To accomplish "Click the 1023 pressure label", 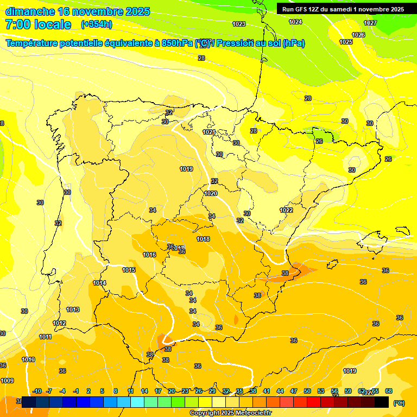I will [239, 24].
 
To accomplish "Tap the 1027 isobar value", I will [370, 23].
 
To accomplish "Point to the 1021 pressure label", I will [209, 132].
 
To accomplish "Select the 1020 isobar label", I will [211, 194].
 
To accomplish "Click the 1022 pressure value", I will [287, 210].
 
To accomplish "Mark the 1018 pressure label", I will [203, 239].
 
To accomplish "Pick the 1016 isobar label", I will [149, 255].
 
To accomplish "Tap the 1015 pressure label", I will [129, 270].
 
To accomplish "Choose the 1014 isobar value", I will [99, 283].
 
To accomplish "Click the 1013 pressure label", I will [73, 309].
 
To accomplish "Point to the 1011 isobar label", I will [46, 337].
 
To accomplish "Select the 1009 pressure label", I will [7, 381].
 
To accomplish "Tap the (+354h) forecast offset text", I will [97, 24].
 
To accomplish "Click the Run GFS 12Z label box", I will [343, 9].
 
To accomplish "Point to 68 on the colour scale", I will [389, 391].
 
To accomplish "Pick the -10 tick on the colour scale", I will [37, 391].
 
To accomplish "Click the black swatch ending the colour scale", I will [382, 402].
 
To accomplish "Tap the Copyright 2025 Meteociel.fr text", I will [231, 413].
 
